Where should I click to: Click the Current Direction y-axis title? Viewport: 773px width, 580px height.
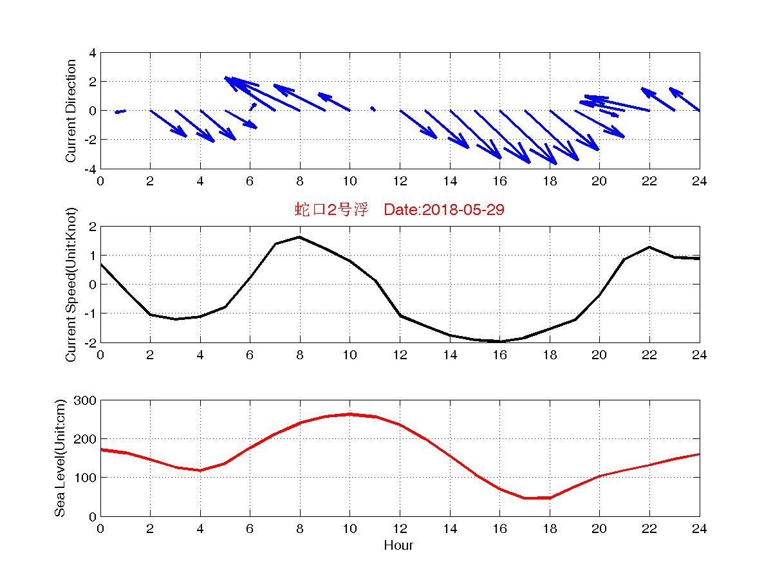(x=71, y=111)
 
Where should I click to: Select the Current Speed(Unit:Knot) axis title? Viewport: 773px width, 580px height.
(x=71, y=285)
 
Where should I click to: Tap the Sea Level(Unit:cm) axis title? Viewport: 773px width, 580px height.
(x=60, y=458)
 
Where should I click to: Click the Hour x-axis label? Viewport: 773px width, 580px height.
(x=398, y=545)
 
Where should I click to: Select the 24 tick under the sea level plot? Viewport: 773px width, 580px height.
(x=699, y=529)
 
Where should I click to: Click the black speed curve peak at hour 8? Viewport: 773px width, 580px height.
(x=300, y=237)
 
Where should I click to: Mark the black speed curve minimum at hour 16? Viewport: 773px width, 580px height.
(x=500, y=341)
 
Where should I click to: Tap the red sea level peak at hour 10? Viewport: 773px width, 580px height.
(x=349, y=414)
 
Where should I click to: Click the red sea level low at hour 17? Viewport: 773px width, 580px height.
(x=525, y=498)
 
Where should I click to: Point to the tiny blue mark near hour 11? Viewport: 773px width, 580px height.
(x=373, y=108)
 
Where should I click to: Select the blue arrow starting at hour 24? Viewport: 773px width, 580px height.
(x=685, y=99)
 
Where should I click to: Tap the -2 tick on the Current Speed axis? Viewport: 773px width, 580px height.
(x=91, y=342)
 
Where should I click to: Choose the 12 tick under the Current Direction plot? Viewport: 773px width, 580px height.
(x=400, y=181)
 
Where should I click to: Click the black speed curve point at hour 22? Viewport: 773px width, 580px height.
(x=649, y=247)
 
